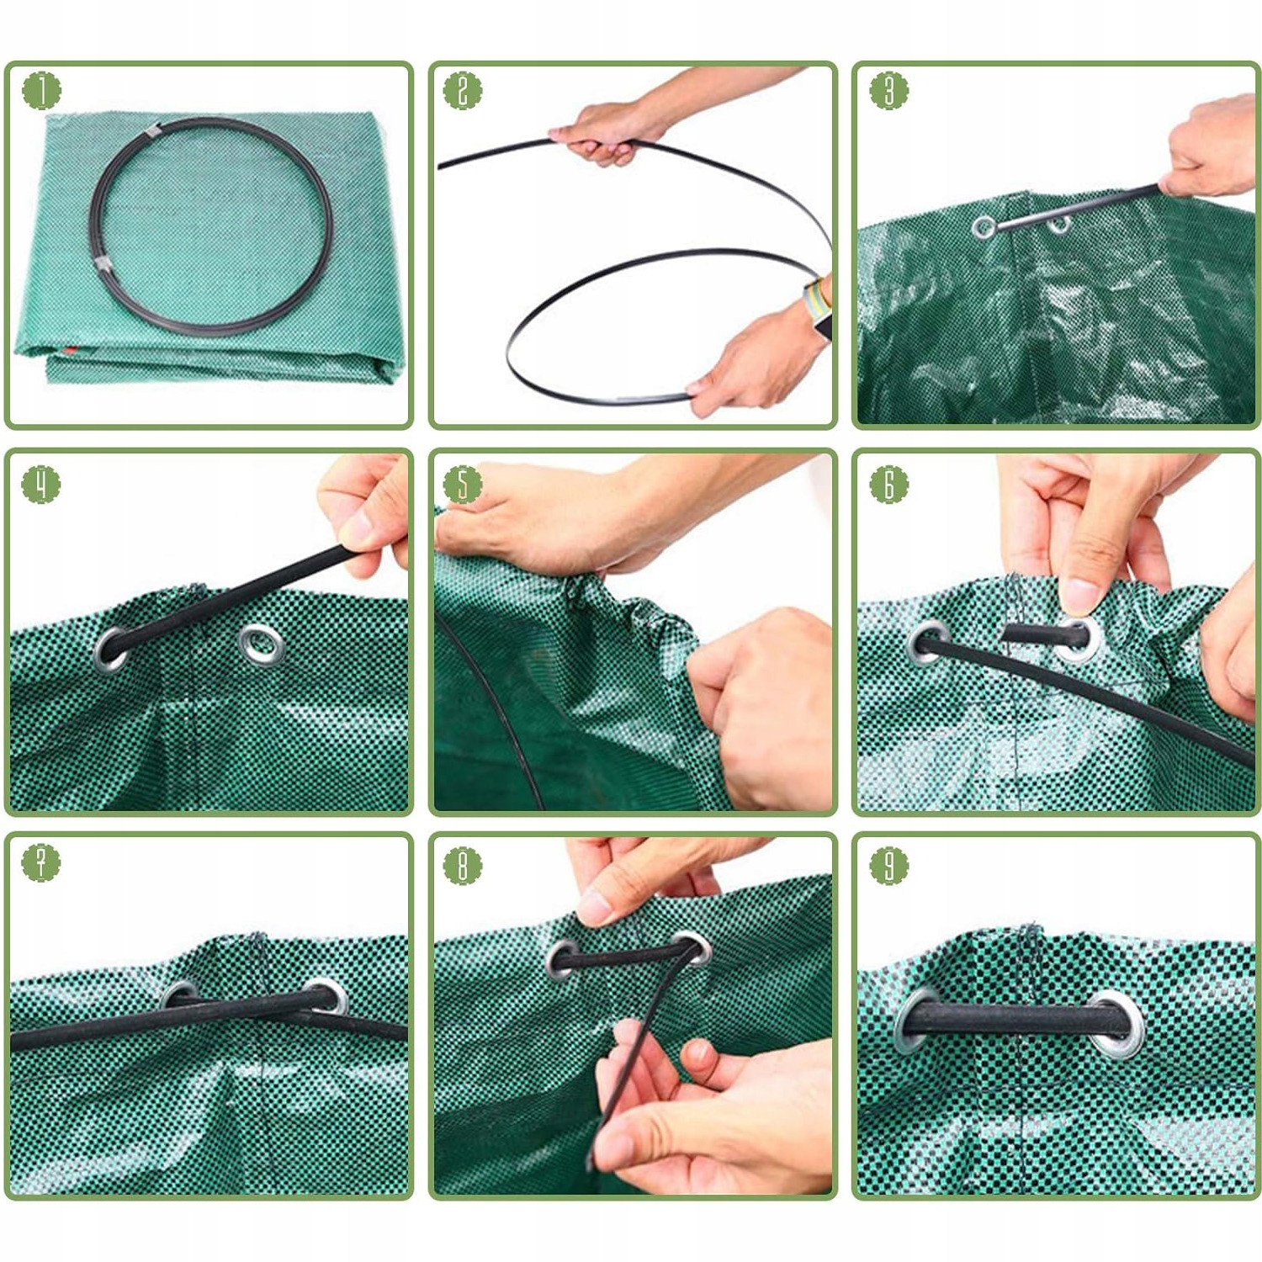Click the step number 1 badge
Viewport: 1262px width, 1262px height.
[x=41, y=91]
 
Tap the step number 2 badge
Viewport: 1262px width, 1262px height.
[x=462, y=91]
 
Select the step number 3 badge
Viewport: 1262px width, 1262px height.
[x=888, y=90]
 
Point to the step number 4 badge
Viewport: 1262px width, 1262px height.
[x=41, y=485]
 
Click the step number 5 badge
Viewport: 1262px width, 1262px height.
[x=462, y=485]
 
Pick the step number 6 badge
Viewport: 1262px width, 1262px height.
[x=888, y=485]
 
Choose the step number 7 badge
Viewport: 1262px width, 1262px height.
[x=41, y=862]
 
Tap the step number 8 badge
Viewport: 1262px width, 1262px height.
[x=462, y=865]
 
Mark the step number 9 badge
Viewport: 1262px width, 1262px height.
[x=888, y=865]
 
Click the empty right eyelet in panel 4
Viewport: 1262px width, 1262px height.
[x=262, y=645]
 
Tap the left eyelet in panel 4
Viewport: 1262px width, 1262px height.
[x=112, y=649]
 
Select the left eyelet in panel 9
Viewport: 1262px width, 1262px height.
[x=915, y=1019]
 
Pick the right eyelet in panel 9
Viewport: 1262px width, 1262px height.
[x=1120, y=1023]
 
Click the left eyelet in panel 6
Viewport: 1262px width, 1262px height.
[x=930, y=644]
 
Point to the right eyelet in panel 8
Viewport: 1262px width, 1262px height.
[x=692, y=948]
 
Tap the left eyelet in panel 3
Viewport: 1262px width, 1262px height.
[x=984, y=226]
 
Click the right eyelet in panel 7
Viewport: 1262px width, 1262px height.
[x=327, y=996]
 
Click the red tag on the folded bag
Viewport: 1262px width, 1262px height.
[x=70, y=349]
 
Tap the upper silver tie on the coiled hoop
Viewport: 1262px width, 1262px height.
[x=151, y=131]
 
